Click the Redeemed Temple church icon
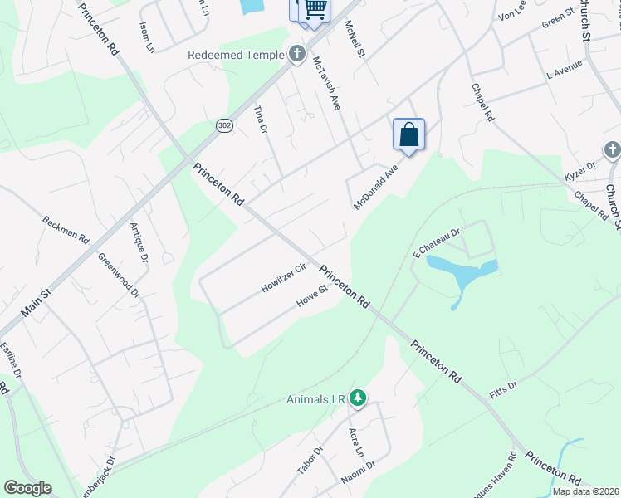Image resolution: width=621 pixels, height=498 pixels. click(296, 55)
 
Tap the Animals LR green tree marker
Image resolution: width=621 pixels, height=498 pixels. click(358, 399)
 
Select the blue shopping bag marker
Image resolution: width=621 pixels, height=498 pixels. click(408, 134)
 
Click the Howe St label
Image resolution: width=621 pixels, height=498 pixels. click(313, 297)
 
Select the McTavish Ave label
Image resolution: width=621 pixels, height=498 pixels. click(326, 83)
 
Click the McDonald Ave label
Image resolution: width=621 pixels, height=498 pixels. click(376, 186)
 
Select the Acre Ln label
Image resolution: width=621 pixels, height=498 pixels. click(356, 443)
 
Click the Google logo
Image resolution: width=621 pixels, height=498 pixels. click(27, 488)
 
